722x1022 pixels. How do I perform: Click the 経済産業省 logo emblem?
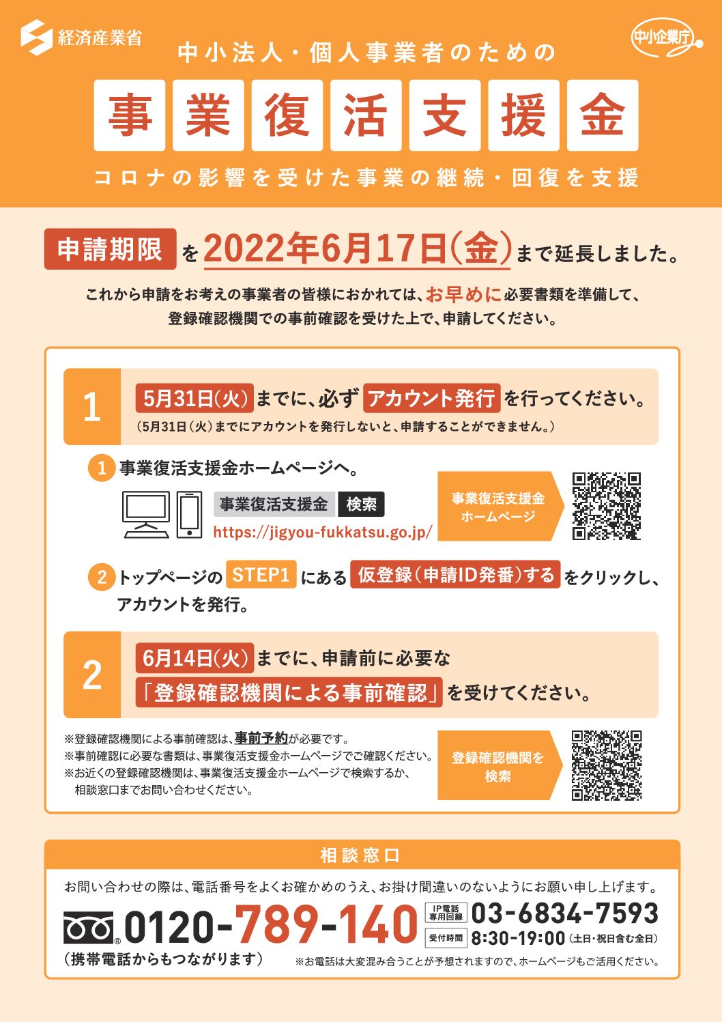pos(36,38)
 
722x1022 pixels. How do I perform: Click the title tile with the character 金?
pos(603,115)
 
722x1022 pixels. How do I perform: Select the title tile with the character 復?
pos(287,115)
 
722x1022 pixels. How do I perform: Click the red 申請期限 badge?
pos(110,249)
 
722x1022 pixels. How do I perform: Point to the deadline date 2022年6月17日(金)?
pos(357,249)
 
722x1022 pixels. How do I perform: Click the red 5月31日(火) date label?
pos(194,398)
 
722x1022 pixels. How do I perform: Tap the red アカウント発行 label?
pos(431,398)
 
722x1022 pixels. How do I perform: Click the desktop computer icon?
pos(146,515)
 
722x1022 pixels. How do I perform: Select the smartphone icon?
pos(189,515)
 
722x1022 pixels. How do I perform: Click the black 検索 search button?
pos(361,504)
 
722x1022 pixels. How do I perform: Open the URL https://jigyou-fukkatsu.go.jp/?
pos(323,533)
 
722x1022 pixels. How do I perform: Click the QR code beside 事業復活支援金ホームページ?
pos(607,507)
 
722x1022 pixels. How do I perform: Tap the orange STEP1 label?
pos(261,574)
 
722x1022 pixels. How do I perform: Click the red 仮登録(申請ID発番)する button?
pos(455,574)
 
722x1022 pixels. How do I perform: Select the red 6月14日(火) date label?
pos(194,658)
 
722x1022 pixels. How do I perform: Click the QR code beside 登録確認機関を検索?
pos(607,765)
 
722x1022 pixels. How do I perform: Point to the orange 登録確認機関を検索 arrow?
pos(500,765)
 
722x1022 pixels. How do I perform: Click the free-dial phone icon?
pos(89,928)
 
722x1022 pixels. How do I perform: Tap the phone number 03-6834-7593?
pos(564,913)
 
